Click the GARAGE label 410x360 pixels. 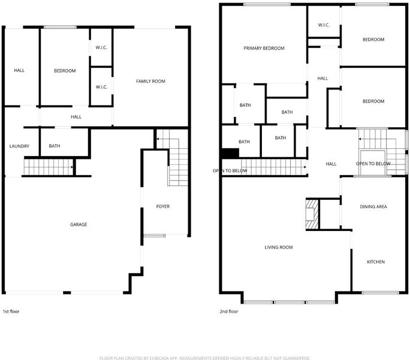click(x=79, y=224)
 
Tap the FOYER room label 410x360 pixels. click(x=163, y=206)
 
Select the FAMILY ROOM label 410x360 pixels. click(x=150, y=81)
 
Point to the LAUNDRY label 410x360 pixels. click(x=19, y=146)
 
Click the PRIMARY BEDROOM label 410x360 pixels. click(x=264, y=48)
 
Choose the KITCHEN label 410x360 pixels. click(x=376, y=262)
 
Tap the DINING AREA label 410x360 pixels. click(x=373, y=206)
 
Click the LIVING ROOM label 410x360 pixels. click(x=279, y=247)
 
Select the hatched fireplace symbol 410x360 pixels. click(x=312, y=214)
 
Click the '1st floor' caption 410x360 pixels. click(x=11, y=311)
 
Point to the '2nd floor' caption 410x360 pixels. click(x=229, y=311)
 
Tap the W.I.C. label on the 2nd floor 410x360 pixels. click(x=324, y=25)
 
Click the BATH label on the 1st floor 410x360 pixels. click(x=55, y=146)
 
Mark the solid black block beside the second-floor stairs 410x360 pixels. click(x=230, y=153)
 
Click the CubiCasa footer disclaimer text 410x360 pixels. click(x=205, y=358)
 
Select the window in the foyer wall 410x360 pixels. click(x=155, y=236)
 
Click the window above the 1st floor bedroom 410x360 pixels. click(x=60, y=27)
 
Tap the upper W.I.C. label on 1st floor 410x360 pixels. click(x=101, y=47)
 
